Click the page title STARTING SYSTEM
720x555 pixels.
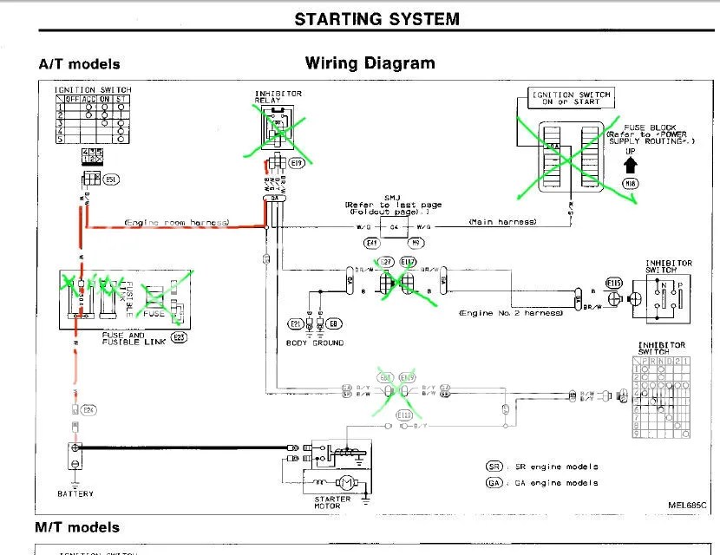pyautogui.click(x=376, y=18)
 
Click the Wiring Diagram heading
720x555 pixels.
pyautogui.click(x=370, y=63)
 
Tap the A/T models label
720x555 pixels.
pyautogui.click(x=79, y=64)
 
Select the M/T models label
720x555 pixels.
pyautogui.click(x=77, y=527)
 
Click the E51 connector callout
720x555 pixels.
pyautogui.click(x=111, y=179)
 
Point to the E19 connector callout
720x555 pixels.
pyautogui.click(x=297, y=163)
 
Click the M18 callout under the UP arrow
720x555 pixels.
pyautogui.click(x=631, y=184)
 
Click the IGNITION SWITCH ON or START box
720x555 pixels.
pyautogui.click(x=571, y=99)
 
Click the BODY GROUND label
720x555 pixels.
pyautogui.click(x=315, y=343)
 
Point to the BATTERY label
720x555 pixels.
pyautogui.click(x=75, y=493)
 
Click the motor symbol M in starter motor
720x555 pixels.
pyautogui.click(x=344, y=482)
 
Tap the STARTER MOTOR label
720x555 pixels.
pyautogui.click(x=333, y=503)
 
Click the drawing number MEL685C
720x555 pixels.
pyautogui.click(x=687, y=504)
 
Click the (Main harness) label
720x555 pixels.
pyautogui.click(x=502, y=223)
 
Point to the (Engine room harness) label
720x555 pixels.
pyautogui.click(x=177, y=223)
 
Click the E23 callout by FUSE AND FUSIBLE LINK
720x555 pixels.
pyautogui.click(x=180, y=337)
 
